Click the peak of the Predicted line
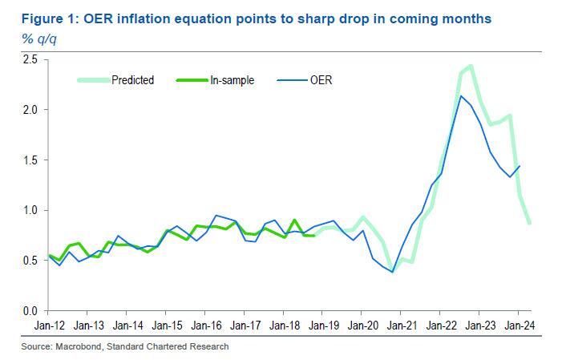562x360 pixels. tap(471, 66)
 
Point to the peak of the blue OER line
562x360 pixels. tap(460, 96)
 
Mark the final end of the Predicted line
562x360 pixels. tap(528, 222)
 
